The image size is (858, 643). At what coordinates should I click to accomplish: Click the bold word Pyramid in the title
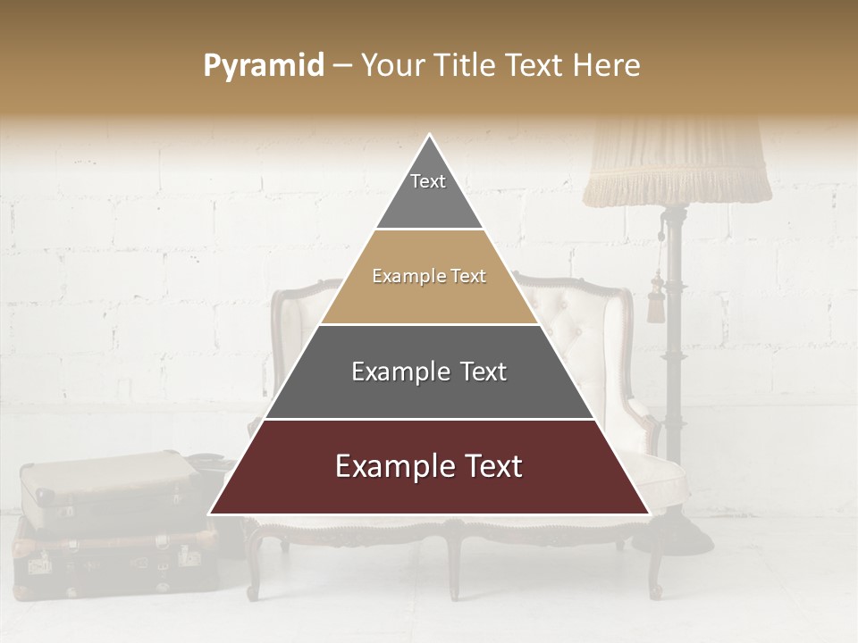(x=263, y=66)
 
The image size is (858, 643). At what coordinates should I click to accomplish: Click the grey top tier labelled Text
(x=429, y=192)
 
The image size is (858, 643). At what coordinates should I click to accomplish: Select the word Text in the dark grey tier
(x=484, y=372)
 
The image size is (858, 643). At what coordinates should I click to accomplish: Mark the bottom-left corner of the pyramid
(x=209, y=514)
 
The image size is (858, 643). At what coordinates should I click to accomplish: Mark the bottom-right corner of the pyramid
(x=650, y=514)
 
